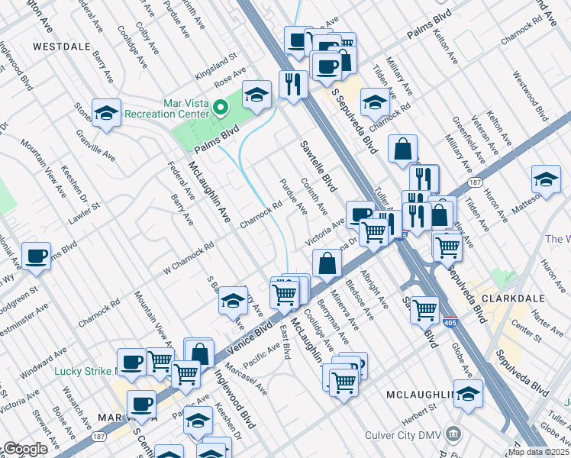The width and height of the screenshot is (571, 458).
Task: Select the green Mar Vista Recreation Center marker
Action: click(221, 107)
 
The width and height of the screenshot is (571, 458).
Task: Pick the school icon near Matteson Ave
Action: click(545, 180)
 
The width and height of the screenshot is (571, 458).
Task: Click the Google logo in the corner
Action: click(25, 449)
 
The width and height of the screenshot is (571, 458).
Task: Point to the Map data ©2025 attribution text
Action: click(537, 452)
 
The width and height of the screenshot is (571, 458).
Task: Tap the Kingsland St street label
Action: click(216, 58)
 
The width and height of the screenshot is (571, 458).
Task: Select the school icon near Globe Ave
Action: click(469, 394)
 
